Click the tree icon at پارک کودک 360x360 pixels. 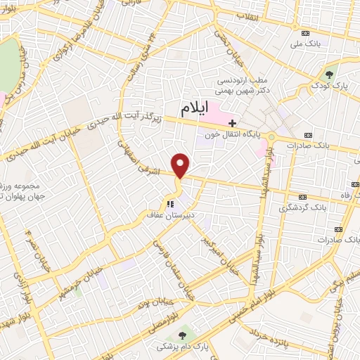329,72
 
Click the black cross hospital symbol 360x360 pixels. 233,122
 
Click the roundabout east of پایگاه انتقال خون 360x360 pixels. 271,136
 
